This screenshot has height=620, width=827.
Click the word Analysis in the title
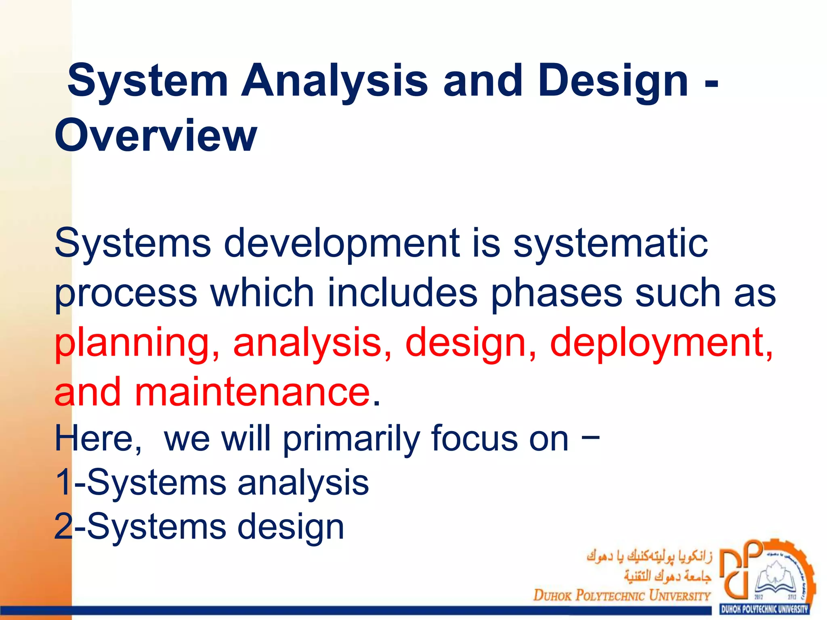(334, 82)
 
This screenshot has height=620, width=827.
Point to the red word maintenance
(252, 392)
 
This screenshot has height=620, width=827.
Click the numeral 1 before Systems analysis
(63, 482)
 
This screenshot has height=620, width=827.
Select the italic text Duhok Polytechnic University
(622, 595)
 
